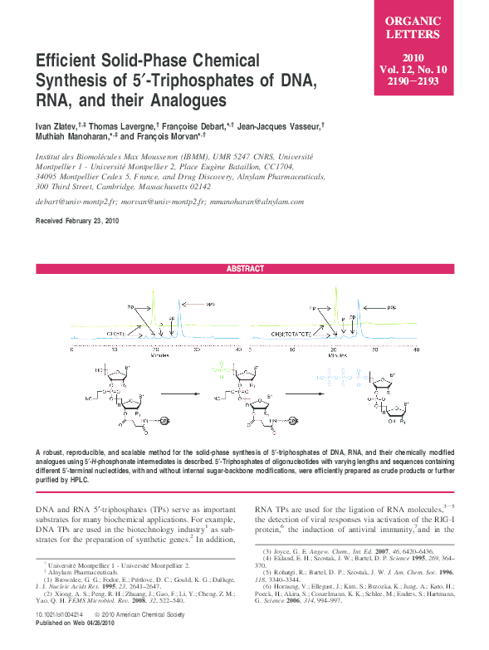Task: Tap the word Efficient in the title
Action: coord(70,61)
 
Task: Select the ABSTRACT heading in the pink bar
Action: coord(245,268)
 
